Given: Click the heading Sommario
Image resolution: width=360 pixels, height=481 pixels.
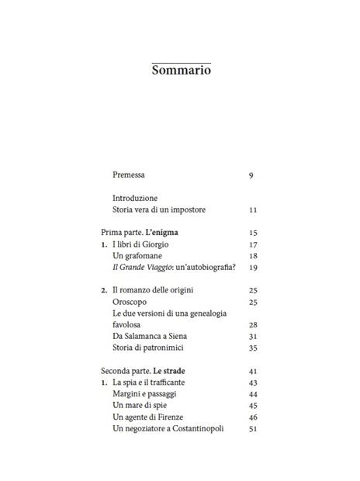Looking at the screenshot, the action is click(x=181, y=70).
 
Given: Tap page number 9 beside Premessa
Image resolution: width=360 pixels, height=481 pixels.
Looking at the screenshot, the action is click(x=251, y=175).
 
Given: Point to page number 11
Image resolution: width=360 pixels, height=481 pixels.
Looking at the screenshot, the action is click(x=253, y=210).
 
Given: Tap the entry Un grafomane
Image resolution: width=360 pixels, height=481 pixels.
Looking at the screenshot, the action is click(x=140, y=256).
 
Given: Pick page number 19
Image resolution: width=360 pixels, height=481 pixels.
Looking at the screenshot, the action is click(x=253, y=268).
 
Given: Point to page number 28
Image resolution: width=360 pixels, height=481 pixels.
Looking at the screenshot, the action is click(x=253, y=324).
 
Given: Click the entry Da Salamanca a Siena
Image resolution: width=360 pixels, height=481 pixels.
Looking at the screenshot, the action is click(x=150, y=336).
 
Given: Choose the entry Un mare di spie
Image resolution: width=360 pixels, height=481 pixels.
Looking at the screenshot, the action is click(x=141, y=405).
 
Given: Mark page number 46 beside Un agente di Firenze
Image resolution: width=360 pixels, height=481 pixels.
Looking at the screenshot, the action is click(x=253, y=417).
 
